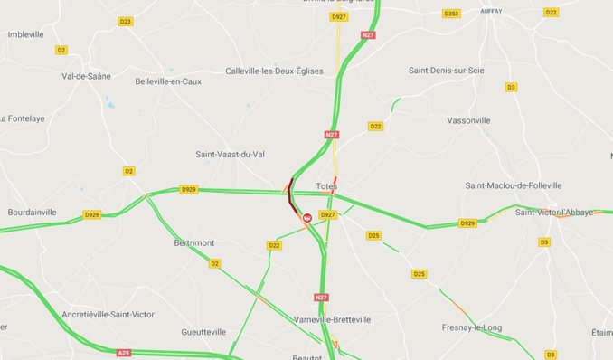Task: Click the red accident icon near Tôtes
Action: pos(307,217)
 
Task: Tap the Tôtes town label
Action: pos(326,187)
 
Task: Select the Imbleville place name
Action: pos(25,34)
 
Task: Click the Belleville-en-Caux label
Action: pos(167,81)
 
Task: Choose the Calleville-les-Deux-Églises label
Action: pos(274,71)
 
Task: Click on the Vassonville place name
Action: pos(468,119)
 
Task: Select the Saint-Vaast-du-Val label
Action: pos(231,155)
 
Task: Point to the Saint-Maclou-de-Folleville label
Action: pos(513,185)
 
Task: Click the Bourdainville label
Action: pos(32,212)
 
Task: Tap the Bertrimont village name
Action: pos(194,242)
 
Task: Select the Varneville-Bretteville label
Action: pos(332,319)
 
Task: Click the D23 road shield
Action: pos(125,21)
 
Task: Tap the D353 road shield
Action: pos(451,14)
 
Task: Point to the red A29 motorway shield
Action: pos(123,353)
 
